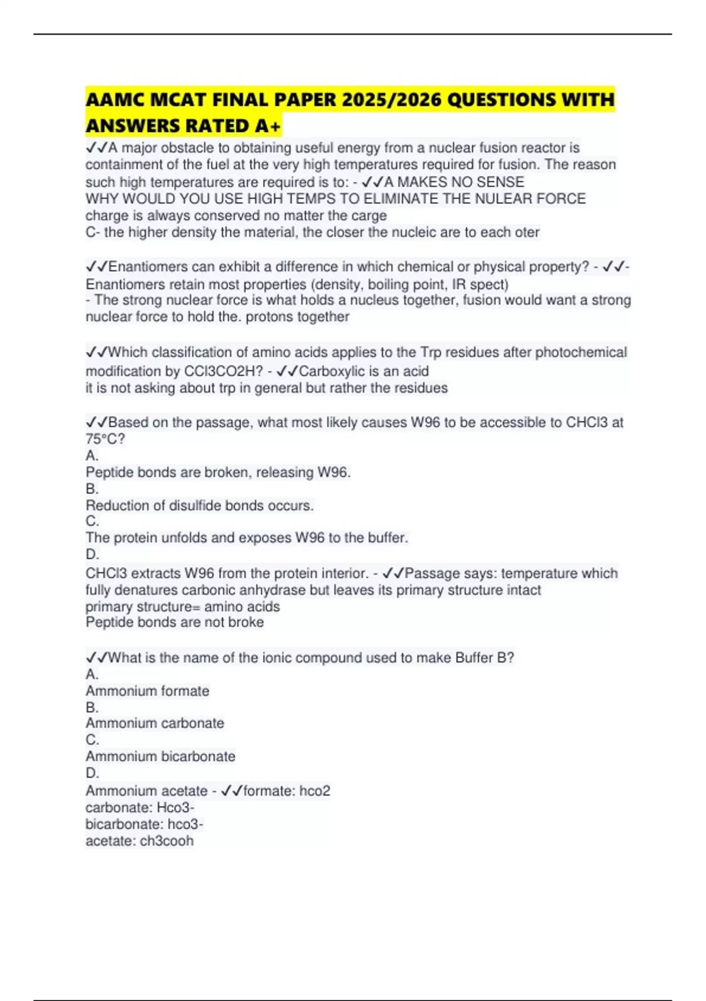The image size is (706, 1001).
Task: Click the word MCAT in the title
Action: click(x=176, y=100)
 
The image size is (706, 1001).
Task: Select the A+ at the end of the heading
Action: click(x=268, y=126)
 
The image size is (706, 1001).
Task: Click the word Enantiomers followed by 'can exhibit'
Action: click(x=145, y=267)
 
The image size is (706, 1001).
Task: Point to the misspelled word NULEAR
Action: click(x=500, y=198)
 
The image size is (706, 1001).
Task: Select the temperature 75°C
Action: click(x=105, y=439)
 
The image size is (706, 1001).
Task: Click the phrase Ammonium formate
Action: click(x=147, y=691)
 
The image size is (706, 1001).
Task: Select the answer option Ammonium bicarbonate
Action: click(x=160, y=756)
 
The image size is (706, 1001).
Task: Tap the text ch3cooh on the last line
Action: click(x=166, y=841)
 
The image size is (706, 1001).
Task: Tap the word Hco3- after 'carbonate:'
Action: click(x=175, y=807)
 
